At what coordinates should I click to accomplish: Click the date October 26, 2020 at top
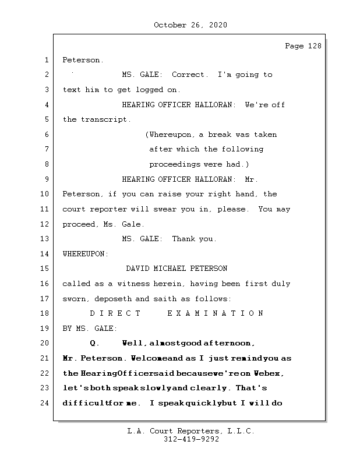pos(190,25)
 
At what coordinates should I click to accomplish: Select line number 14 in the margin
pos(45,254)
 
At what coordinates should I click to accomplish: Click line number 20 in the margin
pos(45,343)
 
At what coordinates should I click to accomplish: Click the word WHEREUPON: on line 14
pos(85,254)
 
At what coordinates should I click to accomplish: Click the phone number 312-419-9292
pos(190,440)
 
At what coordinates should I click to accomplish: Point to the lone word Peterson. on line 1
pos(83,60)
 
